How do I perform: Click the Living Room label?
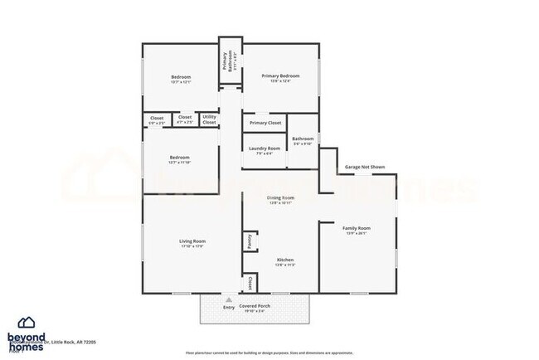pos(192,241)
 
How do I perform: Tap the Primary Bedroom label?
pos(280,75)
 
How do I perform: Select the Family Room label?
pos(357,227)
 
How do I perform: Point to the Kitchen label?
pos(285,260)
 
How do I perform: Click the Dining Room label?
pos(280,197)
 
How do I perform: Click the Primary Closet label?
pos(265,123)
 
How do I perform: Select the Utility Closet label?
pos(209,119)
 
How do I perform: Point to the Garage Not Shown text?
pos(365,167)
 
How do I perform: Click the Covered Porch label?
pos(255,305)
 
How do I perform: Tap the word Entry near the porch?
pos(229,308)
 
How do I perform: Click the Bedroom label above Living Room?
pos(180,157)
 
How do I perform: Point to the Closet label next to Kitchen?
pos(249,283)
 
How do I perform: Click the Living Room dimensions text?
pos(192,246)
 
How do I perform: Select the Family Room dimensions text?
pos(357,233)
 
